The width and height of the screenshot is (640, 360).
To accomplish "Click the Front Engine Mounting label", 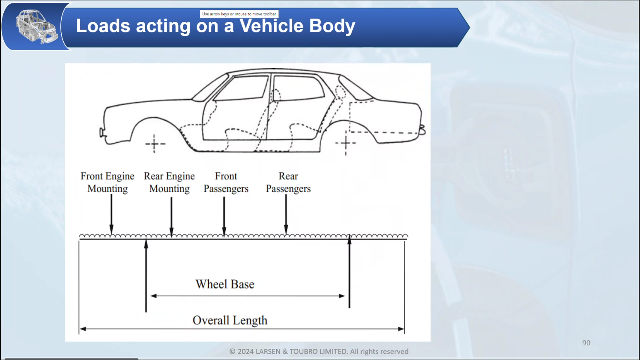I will click(107, 182).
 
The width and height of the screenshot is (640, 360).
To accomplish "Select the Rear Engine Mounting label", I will click(170, 182).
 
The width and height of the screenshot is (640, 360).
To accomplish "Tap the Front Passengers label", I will click(226, 182).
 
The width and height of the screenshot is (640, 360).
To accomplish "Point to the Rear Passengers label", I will click(288, 182).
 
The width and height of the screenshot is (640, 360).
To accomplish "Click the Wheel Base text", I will click(225, 284).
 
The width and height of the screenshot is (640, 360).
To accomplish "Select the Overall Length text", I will click(230, 320).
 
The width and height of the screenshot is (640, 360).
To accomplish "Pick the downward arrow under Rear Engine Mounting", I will click(172, 216).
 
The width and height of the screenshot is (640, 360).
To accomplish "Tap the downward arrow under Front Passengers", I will click(224, 216).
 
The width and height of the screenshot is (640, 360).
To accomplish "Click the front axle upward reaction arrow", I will click(146, 275).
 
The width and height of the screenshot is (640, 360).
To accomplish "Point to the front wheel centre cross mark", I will click(155, 144).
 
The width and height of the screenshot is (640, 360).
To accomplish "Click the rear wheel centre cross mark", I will click(346, 143).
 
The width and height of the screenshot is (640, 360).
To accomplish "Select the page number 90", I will click(586, 343).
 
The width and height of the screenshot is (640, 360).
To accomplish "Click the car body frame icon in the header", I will click(36, 27).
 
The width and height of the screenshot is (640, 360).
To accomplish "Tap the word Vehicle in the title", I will click(272, 26).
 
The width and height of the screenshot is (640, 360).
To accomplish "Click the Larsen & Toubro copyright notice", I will click(319, 351).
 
